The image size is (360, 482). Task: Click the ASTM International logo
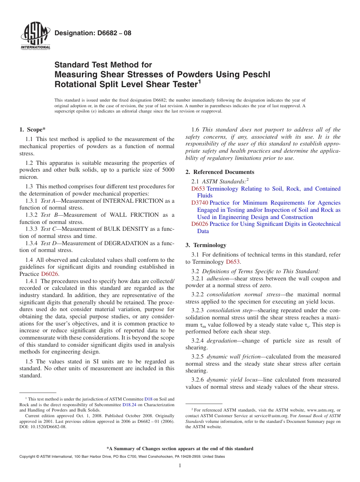click(35, 37)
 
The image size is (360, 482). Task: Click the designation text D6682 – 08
click(93, 33)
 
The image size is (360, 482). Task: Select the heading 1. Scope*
click(33, 130)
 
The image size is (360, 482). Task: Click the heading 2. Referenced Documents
click(220, 172)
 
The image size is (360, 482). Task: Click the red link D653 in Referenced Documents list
click(198, 189)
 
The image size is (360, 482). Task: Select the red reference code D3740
click(200, 203)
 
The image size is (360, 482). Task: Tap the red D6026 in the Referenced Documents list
click(200, 224)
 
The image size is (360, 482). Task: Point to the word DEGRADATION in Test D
click(133, 243)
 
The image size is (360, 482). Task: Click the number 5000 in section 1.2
click(167, 170)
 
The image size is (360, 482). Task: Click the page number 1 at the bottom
click(180, 465)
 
